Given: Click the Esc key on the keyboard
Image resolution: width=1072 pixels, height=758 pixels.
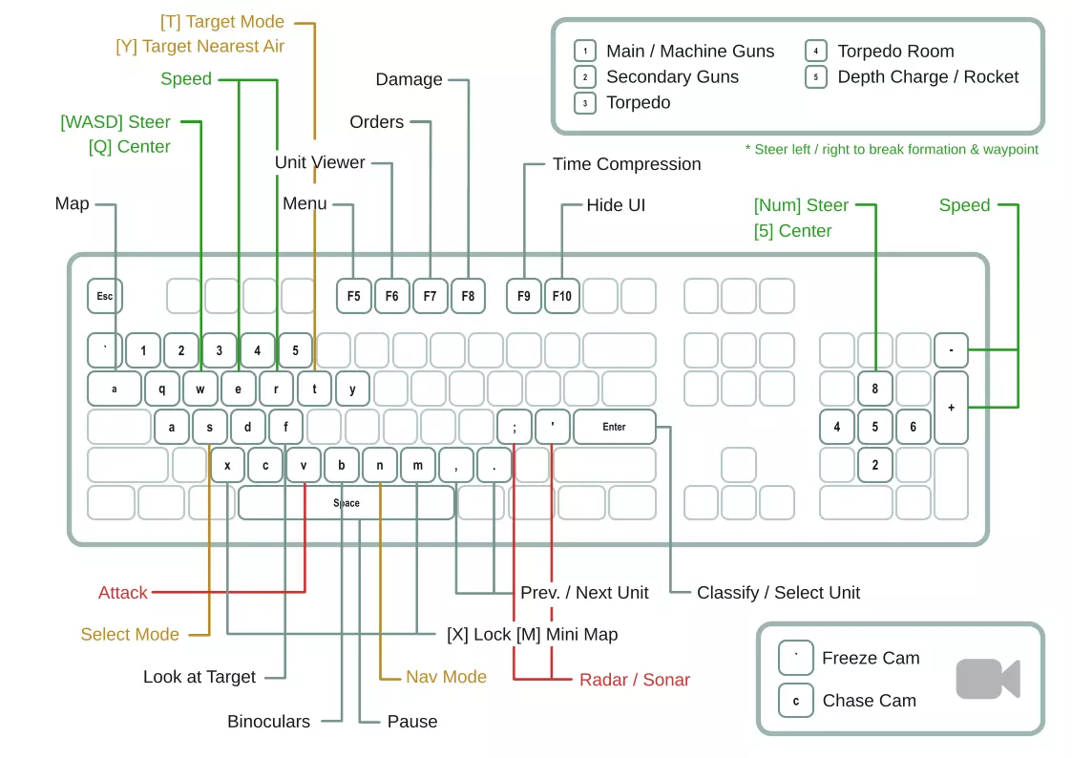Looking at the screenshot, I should pos(105,296).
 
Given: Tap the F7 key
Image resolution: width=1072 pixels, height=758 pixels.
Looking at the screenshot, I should pos(430,296).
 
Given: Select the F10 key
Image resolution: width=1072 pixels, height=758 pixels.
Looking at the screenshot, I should pos(562,296).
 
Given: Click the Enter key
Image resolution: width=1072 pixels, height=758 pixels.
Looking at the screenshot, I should pos(614,427).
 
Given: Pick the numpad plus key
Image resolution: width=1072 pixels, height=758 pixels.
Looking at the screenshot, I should pos(951,408).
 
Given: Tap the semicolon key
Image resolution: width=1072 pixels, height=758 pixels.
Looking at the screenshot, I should pos(515,427).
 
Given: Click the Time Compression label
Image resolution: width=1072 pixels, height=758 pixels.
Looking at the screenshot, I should pos(626,164).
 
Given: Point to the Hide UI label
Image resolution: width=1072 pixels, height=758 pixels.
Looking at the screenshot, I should pos(616,205).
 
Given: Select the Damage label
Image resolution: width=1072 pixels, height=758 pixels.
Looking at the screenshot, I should pos(409,80).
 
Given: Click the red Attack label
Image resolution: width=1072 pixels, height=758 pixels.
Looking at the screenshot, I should pos(123,593).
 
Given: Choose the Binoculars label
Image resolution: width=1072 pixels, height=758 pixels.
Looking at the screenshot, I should pos(268,722).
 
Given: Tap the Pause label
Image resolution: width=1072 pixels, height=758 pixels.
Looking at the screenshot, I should pos(412,722).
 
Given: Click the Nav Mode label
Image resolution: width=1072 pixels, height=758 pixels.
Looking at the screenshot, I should pos(446,677).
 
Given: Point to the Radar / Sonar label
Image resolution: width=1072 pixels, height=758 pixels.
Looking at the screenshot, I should pos(635,680).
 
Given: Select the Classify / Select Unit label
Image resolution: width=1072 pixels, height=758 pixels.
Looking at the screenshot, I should pos(778,593).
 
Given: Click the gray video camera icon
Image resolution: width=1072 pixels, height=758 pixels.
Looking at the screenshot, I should pos(987,679).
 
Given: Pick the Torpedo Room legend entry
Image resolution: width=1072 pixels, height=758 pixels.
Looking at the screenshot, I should pos(895,52).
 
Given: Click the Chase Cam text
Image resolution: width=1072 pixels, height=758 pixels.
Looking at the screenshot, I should pos(869,701).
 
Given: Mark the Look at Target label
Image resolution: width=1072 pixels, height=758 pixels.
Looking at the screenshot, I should pos(200,677).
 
